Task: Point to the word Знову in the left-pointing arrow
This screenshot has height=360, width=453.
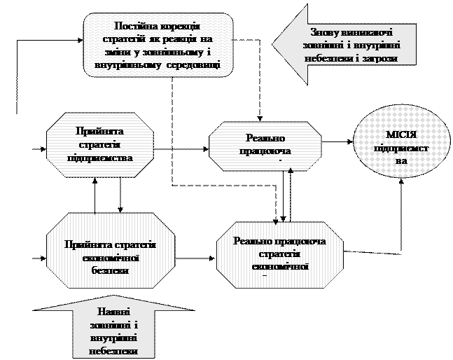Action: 328,33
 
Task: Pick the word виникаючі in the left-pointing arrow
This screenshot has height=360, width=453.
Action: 367,33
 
